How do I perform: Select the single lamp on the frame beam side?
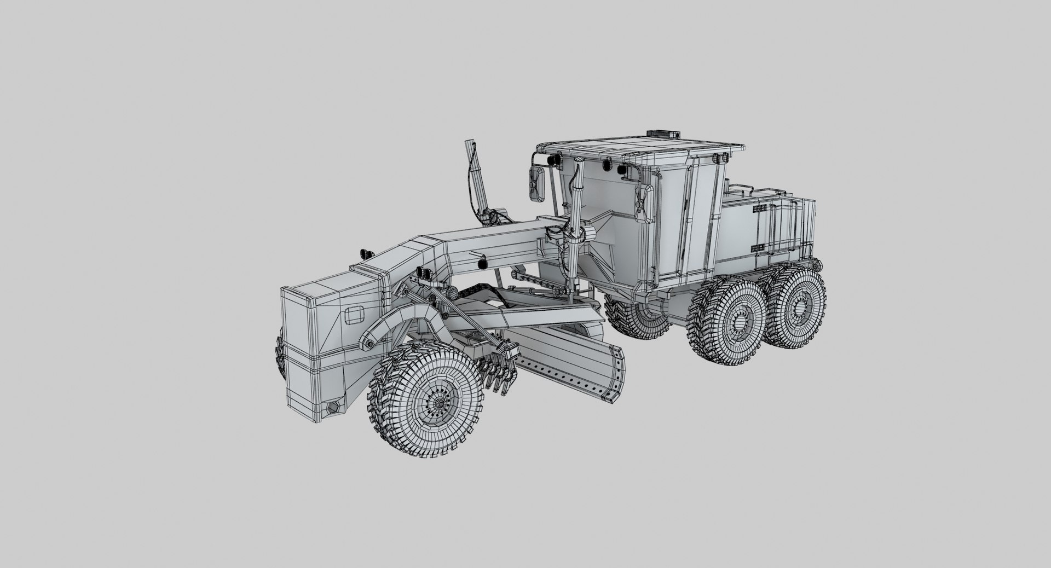pos(482,263)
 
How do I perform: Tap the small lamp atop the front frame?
pos(365,254)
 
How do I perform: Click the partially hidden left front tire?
pos(279,353)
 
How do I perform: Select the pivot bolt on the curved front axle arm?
pos(369,343)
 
